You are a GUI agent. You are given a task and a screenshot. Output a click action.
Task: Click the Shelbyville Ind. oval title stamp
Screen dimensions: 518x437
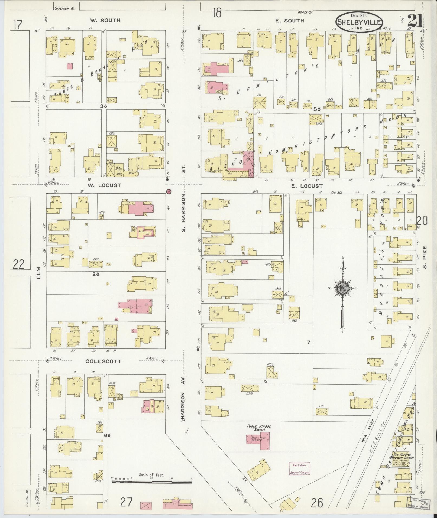tap(359, 22)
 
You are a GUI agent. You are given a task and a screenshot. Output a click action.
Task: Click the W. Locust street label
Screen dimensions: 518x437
tap(104, 185)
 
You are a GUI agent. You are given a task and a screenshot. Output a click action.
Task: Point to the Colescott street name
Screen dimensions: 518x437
tap(103, 361)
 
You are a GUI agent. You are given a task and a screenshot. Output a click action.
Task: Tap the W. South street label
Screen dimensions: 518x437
tap(105, 20)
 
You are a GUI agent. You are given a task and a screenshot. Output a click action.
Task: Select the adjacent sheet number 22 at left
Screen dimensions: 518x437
tap(18, 264)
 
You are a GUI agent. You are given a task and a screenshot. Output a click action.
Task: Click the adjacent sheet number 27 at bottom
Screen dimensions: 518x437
tap(127, 503)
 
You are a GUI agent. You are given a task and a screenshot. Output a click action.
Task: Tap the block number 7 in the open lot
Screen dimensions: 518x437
tap(308, 343)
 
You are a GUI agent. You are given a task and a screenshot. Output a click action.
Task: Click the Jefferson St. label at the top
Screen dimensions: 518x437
tap(64, 9)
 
